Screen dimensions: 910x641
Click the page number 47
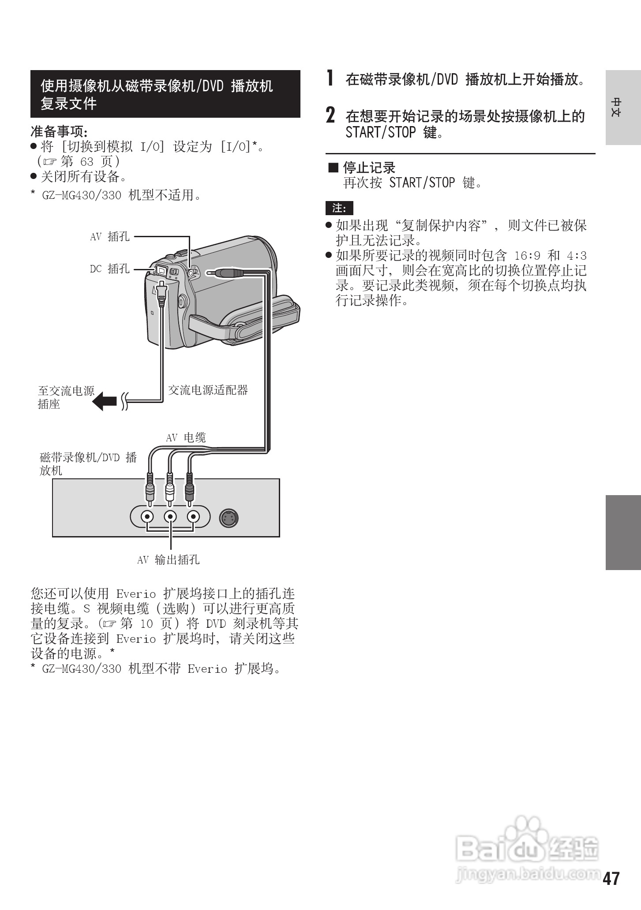tap(611, 879)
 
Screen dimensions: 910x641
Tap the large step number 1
tap(330, 78)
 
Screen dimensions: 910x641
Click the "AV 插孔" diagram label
tap(110, 237)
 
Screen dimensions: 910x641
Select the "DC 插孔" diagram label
tap(110, 269)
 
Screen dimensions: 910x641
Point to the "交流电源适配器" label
tap(208, 390)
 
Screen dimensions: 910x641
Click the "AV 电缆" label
tap(186, 437)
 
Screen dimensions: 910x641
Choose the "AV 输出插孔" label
tap(168, 560)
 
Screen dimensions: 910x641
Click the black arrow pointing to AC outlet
tap(105, 401)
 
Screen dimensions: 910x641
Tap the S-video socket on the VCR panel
tap(229, 518)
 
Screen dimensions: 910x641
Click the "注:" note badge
tap(339, 208)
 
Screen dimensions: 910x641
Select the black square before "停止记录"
tap(333, 168)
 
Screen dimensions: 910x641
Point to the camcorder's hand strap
tap(247, 322)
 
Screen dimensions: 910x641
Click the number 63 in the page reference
tap(86, 161)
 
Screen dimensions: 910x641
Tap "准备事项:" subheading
tap(59, 131)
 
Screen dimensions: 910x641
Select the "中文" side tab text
tap(616, 107)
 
